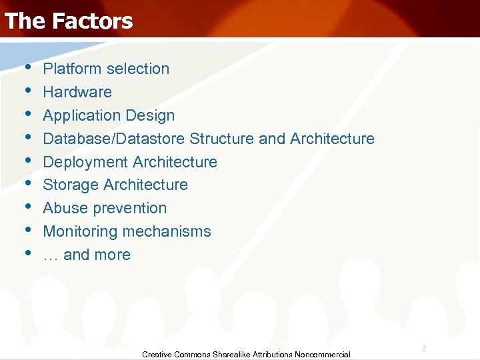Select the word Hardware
click(77, 92)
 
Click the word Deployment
click(85, 162)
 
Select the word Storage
click(69, 185)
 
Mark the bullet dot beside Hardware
click(27, 91)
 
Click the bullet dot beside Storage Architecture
click(27, 183)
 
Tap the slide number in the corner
click(423, 349)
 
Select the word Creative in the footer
click(157, 355)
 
